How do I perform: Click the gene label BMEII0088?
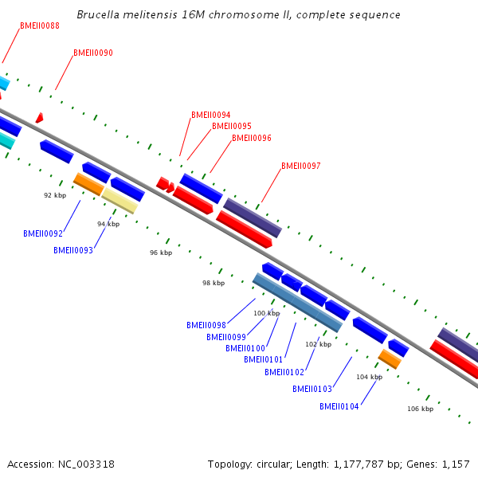click(40, 25)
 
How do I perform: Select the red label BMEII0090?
click(93, 53)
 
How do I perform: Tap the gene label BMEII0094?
click(210, 115)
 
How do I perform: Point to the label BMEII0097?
click(301, 166)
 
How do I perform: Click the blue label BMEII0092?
click(43, 234)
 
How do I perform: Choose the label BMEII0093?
click(73, 250)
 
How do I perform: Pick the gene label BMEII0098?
click(206, 325)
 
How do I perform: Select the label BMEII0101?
click(264, 359)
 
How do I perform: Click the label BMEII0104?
click(339, 406)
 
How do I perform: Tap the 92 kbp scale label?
click(54, 194)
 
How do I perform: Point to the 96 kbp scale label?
click(161, 253)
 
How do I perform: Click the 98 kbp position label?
click(214, 283)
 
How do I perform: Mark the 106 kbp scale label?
click(420, 409)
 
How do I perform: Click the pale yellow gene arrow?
click(120, 200)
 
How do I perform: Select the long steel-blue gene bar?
click(297, 302)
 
